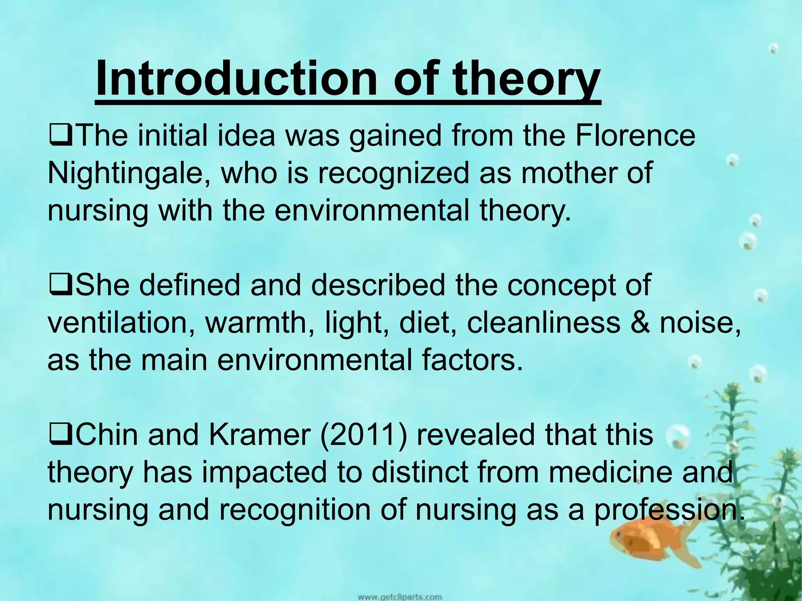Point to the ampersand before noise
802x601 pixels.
tap(641, 324)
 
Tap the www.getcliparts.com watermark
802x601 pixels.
tap(399, 597)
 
